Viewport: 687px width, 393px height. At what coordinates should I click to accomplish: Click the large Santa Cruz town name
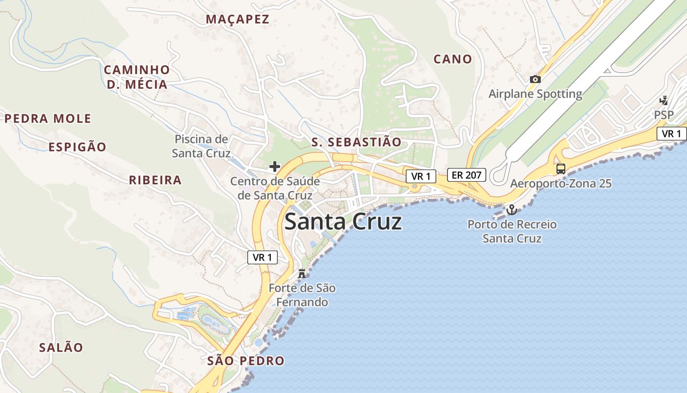click(x=343, y=222)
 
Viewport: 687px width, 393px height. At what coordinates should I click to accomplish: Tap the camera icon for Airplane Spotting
click(x=535, y=79)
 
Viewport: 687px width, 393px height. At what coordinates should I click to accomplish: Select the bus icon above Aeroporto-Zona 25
click(x=560, y=169)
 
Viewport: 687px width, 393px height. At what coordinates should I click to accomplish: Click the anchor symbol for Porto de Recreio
click(x=512, y=210)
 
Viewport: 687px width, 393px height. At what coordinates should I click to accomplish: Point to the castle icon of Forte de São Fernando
click(x=302, y=273)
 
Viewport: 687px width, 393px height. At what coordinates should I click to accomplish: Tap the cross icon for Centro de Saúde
click(x=275, y=167)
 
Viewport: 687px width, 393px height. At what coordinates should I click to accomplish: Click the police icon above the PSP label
click(x=663, y=101)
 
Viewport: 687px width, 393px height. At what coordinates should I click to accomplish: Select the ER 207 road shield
click(x=466, y=175)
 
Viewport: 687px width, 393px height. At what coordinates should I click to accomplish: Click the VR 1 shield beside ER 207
click(x=421, y=176)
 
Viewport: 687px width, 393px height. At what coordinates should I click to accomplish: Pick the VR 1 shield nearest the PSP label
click(x=671, y=134)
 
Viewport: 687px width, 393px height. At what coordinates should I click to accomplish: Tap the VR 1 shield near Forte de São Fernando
click(x=263, y=257)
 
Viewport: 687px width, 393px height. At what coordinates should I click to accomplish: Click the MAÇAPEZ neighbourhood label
click(x=238, y=20)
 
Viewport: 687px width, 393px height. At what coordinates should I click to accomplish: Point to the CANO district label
click(x=452, y=59)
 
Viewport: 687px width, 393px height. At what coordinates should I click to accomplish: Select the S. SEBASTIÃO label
click(x=356, y=142)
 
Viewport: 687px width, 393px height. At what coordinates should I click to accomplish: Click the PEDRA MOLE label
click(x=48, y=118)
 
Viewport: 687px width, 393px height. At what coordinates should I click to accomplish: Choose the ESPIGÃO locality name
click(x=77, y=147)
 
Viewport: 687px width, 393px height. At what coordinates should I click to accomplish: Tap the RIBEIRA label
click(x=155, y=180)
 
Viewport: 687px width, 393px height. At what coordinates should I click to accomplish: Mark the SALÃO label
click(x=61, y=347)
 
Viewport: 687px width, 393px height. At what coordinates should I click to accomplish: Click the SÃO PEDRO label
click(x=245, y=361)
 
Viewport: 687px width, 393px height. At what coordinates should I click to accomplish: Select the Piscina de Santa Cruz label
click(x=201, y=146)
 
